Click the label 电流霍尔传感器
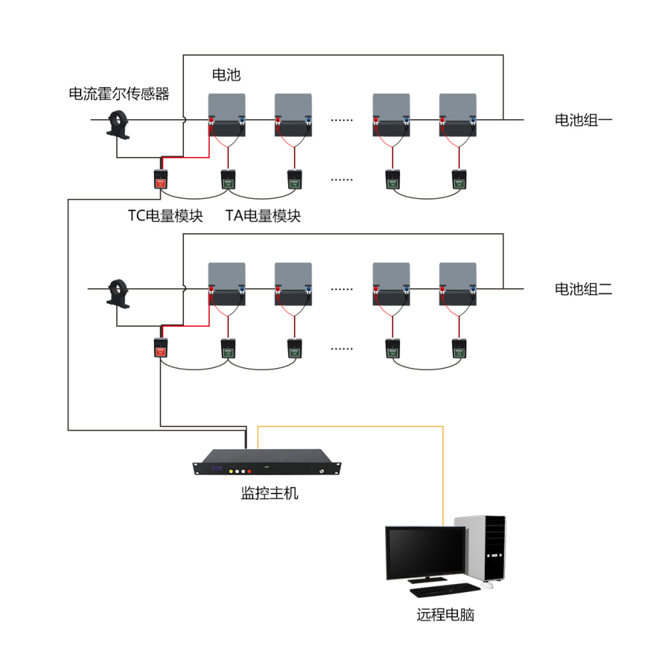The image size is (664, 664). click(119, 93)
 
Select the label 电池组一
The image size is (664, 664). click(583, 120)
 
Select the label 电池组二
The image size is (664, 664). click(583, 289)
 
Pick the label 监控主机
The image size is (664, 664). click(270, 493)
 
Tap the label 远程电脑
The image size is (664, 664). click(445, 614)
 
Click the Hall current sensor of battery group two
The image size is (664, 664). click(118, 294)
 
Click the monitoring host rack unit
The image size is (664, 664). click(267, 461)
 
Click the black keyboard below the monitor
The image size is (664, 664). click(444, 590)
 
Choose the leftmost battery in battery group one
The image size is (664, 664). click(227, 114)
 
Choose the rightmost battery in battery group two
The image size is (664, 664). click(458, 284)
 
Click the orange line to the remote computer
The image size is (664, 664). click(443, 471)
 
